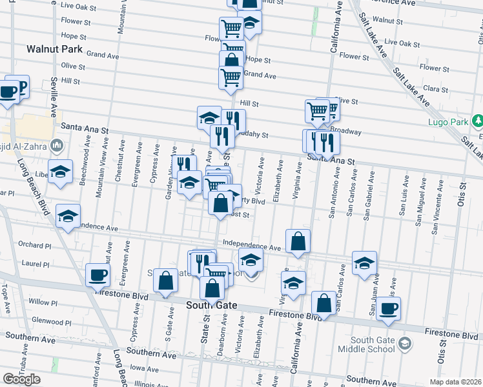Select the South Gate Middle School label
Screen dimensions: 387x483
(x=373, y=344)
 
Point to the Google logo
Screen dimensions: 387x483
(x=21, y=379)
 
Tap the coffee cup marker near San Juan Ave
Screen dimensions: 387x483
(x=389, y=309)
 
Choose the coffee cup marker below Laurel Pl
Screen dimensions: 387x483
(x=98, y=274)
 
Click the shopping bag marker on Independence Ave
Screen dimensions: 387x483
(x=298, y=242)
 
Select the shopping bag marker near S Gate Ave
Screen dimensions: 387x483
(x=166, y=281)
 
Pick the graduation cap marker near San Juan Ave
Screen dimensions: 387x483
(x=364, y=263)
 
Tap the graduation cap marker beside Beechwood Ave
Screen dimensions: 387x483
(x=61, y=172)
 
